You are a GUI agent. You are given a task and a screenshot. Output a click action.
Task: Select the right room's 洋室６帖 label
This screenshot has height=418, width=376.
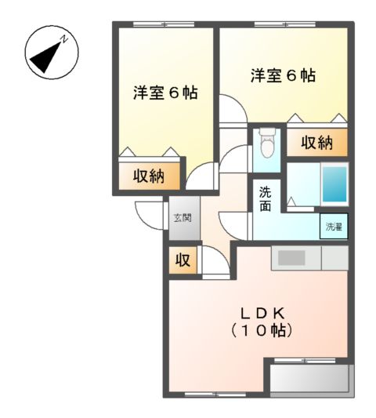pyautogui.click(x=283, y=76)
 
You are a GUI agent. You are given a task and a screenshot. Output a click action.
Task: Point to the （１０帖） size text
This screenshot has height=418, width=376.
pyautogui.click(x=262, y=331)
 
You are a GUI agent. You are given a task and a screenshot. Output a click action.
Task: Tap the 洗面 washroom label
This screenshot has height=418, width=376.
pyautogui.click(x=266, y=198)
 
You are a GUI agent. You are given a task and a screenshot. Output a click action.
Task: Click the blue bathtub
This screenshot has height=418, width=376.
pyautogui.click(x=334, y=185)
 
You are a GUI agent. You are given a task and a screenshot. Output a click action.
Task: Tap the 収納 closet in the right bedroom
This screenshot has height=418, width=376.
pyautogui.click(x=316, y=143)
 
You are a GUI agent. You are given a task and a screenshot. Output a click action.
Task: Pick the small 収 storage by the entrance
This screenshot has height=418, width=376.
pyautogui.click(x=182, y=261)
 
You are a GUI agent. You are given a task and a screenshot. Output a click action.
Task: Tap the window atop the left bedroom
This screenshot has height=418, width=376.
pyautogui.click(x=164, y=25)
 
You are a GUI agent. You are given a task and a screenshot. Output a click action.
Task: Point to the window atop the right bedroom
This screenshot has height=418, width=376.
pyautogui.click(x=284, y=25)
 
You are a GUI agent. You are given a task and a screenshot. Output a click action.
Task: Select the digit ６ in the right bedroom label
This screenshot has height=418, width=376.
pyautogui.click(x=291, y=76)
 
